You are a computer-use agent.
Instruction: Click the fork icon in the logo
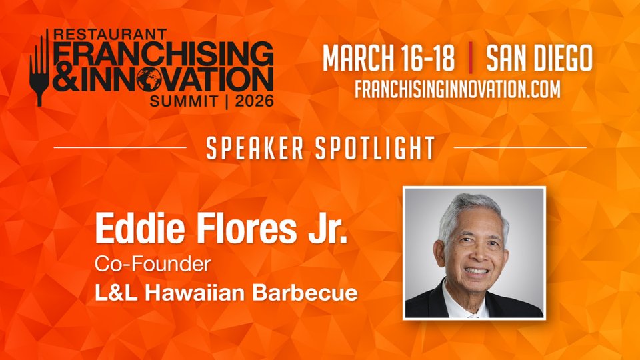coord(39,69)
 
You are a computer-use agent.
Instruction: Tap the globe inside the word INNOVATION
coord(151,79)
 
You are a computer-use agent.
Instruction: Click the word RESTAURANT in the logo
coord(110,34)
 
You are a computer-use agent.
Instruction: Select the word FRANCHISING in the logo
coord(163,53)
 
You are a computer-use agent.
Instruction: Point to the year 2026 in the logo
coord(254,101)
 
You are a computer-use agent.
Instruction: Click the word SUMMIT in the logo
coord(183,101)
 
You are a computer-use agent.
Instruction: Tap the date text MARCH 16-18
coord(389,58)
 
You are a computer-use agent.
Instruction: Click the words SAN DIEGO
coord(539,58)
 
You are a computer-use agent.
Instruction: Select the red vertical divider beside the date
coord(471,57)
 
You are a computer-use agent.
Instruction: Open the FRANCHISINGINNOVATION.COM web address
coord(457,89)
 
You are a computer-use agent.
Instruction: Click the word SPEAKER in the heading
coord(255,148)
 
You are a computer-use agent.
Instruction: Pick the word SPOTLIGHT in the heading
coord(375,148)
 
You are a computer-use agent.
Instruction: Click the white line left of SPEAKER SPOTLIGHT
coord(120,147)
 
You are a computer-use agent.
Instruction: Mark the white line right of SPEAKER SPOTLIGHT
coord(520,147)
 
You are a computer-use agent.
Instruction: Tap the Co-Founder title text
coord(153,264)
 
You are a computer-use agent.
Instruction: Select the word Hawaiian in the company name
coord(195,293)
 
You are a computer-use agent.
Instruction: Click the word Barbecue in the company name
coord(305,293)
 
